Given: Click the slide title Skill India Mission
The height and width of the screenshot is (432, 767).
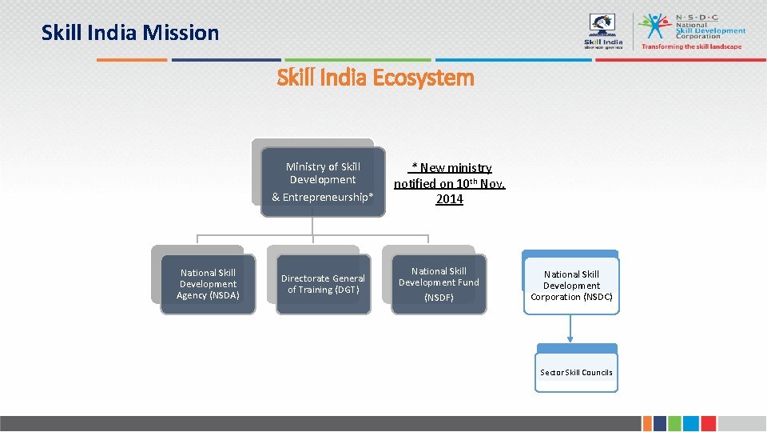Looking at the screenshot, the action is pos(130,33).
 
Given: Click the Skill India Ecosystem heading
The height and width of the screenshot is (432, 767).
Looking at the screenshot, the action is pos(376,78).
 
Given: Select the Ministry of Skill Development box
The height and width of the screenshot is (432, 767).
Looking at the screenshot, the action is pos(323,181).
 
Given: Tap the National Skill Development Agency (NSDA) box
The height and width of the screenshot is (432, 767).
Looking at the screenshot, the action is pos(208,284).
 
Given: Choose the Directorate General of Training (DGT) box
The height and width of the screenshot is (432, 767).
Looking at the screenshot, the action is pos(323,284).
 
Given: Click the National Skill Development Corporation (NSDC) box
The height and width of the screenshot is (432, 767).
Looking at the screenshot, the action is pos(571,286).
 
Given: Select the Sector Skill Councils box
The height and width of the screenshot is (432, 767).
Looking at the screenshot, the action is pos(576,372).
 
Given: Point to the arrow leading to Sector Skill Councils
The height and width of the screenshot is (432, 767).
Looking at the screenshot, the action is pos(571,329).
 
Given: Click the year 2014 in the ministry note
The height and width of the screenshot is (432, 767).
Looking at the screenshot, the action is pos(449,200).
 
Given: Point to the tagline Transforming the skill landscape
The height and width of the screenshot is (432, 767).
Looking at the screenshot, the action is pos(692,46).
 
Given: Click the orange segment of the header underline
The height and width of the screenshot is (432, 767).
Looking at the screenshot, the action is pos(132,59).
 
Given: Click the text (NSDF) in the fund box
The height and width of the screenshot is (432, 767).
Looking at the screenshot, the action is pos(439,298).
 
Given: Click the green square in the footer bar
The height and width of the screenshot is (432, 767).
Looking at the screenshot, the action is pos(674,423).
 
